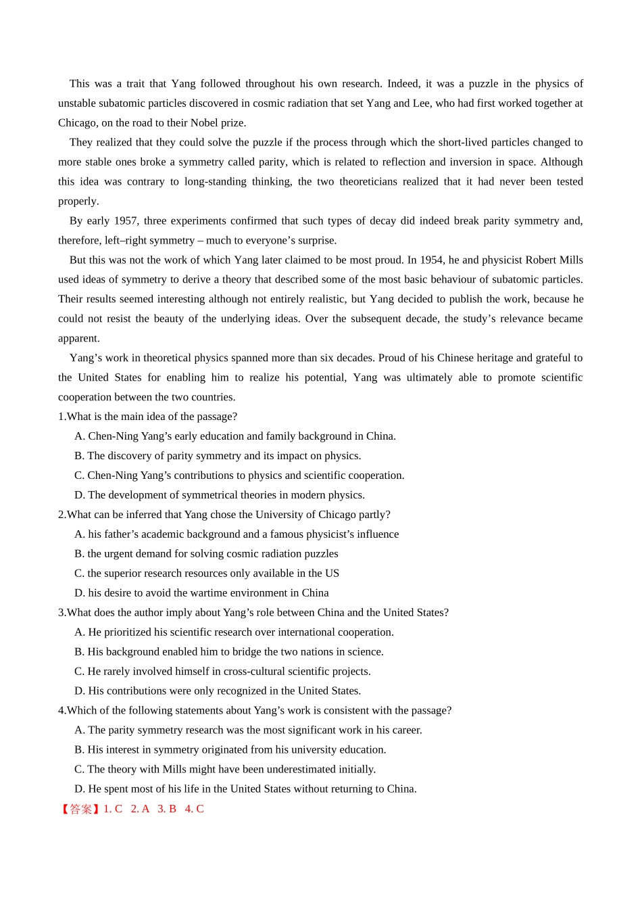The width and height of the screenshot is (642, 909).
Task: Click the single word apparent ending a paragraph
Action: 78,338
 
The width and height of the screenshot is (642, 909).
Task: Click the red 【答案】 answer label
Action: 80,810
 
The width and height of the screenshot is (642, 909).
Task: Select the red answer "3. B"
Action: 167,810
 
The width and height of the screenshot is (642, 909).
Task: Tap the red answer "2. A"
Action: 140,810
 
